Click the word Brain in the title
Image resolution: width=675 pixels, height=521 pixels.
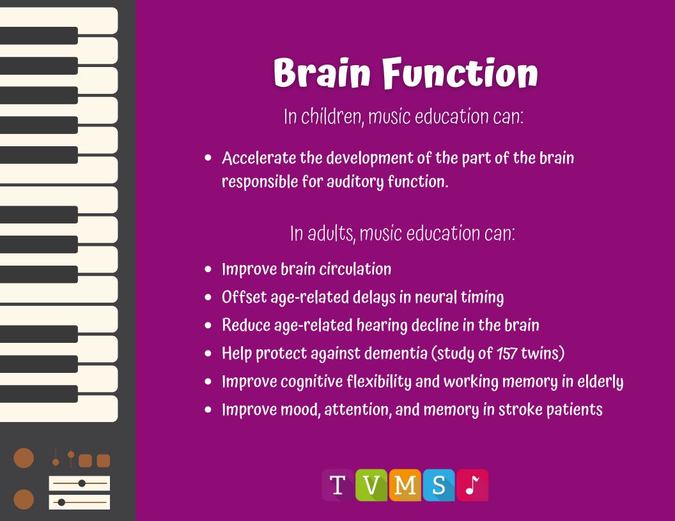click(322, 73)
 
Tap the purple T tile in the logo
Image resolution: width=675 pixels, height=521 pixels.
click(338, 486)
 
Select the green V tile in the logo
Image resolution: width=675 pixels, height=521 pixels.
click(371, 486)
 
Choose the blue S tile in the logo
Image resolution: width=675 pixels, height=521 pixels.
click(438, 486)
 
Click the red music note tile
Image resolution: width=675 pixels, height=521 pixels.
click(472, 486)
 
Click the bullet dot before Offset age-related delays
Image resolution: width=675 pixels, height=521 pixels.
click(208, 298)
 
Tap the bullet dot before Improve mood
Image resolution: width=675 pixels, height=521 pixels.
click(208, 410)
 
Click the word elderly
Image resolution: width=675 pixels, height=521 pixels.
click(599, 381)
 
